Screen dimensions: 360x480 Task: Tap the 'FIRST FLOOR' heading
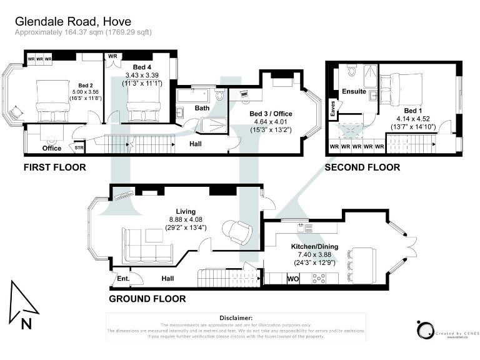coord(54,167)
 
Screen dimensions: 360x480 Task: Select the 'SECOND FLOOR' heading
coord(362,167)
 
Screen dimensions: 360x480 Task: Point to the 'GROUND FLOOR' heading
coord(147,299)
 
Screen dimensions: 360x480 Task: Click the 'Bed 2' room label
coord(86,86)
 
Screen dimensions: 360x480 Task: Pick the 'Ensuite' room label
coord(354,92)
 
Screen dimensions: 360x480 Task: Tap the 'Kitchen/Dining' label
coord(314,247)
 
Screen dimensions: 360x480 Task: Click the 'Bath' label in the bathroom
coord(201,108)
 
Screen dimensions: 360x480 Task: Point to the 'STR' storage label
coord(79,149)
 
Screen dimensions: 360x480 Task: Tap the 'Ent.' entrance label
coord(122,278)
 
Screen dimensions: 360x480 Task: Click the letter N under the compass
coord(26,323)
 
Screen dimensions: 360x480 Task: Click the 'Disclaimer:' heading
coord(236,318)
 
